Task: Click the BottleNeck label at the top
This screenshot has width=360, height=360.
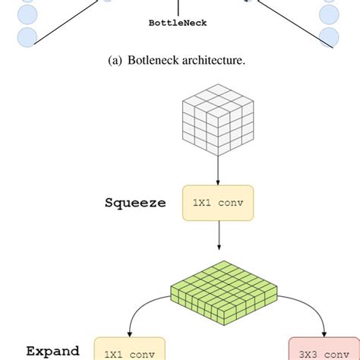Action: [178, 23]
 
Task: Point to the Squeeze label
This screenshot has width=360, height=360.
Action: [135, 204]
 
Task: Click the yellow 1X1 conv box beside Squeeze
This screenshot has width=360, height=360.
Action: [218, 204]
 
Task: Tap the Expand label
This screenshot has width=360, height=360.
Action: [53, 351]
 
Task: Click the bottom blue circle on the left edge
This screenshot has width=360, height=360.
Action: [27, 36]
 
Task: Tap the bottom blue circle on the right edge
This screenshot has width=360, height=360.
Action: [329, 36]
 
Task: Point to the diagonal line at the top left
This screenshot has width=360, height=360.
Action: [68, 23]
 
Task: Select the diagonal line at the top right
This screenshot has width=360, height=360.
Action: [289, 23]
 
